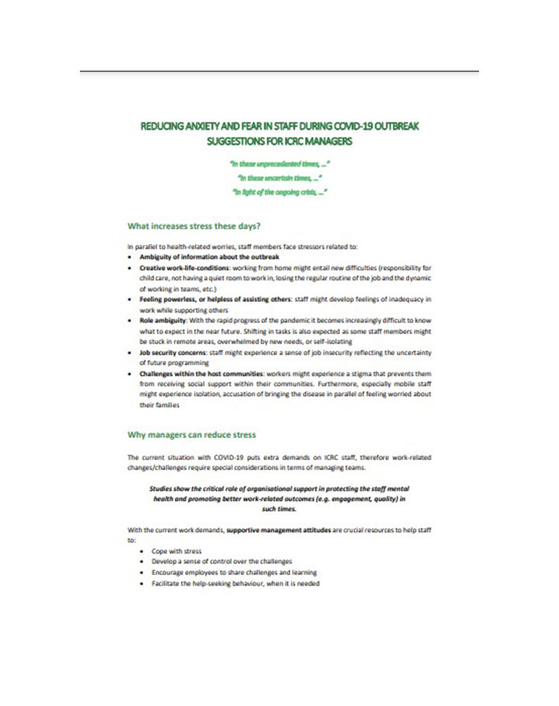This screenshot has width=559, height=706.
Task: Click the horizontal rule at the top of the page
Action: pos(279,71)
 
